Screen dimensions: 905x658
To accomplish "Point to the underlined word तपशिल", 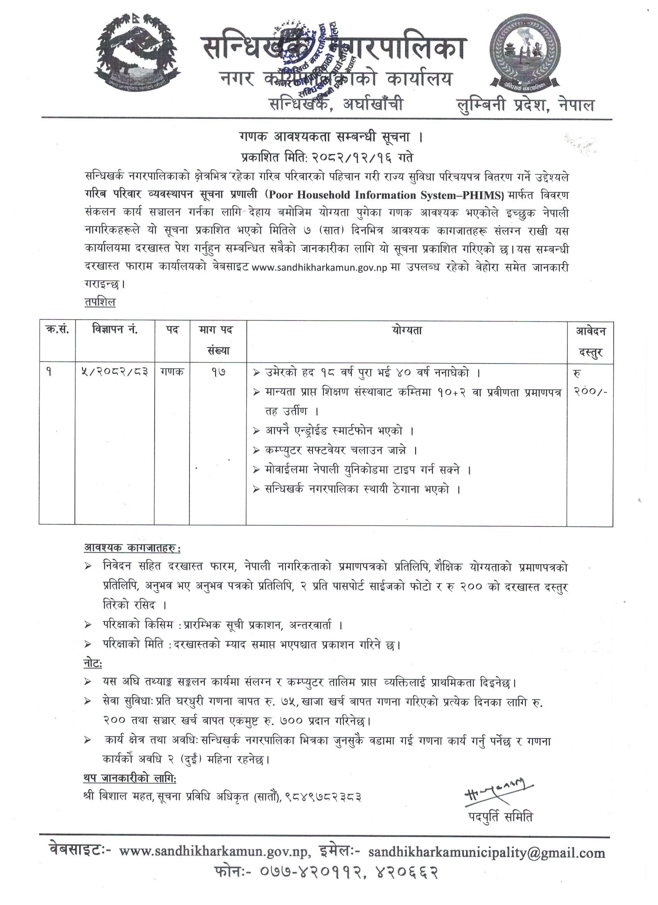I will pyautogui.click(x=100, y=302).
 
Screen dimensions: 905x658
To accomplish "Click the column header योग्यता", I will pyautogui.click(x=407, y=331).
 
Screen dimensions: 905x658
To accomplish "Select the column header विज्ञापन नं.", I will pyautogui.click(x=115, y=331).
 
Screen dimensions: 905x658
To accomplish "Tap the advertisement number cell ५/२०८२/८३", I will pyautogui.click(x=115, y=372).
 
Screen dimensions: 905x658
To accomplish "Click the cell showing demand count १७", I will pyautogui.click(x=218, y=372).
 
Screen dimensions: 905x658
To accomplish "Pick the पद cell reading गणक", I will pyautogui.click(x=172, y=372).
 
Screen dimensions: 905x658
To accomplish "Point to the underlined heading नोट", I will pyautogui.click(x=93, y=664).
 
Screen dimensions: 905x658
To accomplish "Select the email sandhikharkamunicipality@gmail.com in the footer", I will pyautogui.click(x=487, y=853).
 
